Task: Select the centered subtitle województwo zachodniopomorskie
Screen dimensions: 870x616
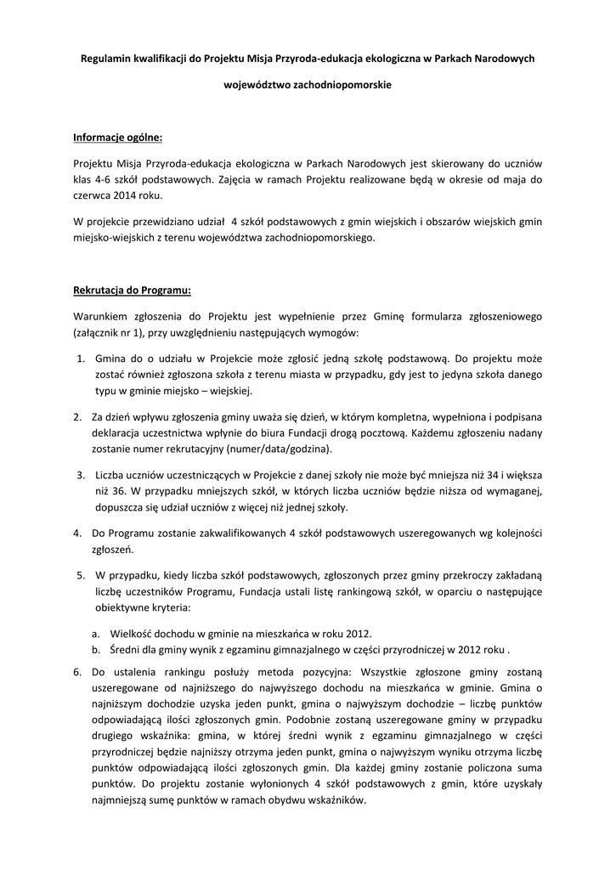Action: [x=307, y=86]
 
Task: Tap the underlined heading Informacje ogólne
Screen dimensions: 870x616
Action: [x=117, y=137]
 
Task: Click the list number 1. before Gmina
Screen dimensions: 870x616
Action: [x=80, y=358]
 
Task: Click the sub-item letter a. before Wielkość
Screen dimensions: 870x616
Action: [x=96, y=633]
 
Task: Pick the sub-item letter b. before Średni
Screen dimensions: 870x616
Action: [x=96, y=650]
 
